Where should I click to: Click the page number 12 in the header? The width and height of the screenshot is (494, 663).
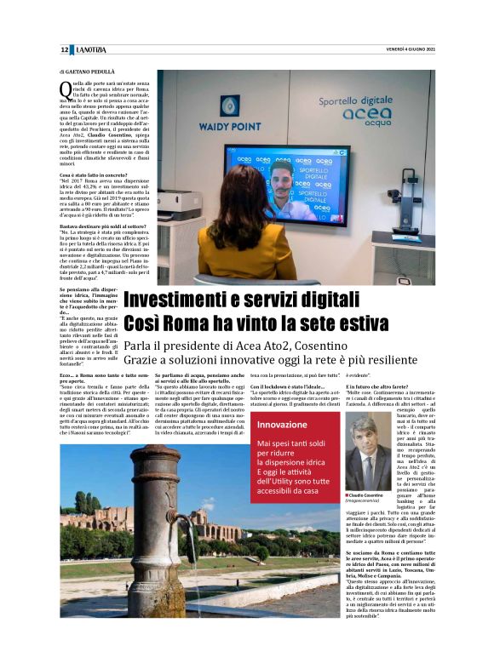(64, 50)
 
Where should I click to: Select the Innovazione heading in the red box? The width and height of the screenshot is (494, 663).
(282, 424)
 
